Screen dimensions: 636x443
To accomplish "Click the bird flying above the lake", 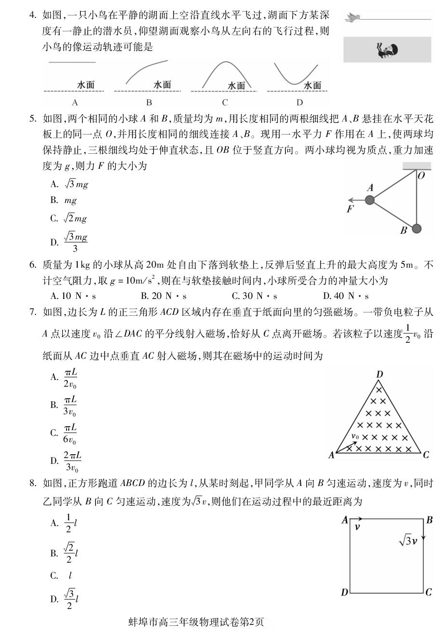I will [353, 18].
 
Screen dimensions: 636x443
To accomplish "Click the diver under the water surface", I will [387, 50].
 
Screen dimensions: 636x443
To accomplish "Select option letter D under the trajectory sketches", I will [299, 102].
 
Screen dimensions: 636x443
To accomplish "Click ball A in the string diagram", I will [370, 200].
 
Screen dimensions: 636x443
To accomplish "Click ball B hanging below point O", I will [417, 228].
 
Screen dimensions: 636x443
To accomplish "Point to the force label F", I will [350, 209].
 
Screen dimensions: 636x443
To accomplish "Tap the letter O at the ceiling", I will [421, 176].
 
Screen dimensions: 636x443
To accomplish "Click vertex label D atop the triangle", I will [379, 375].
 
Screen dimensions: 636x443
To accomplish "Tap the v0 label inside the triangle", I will [355, 436].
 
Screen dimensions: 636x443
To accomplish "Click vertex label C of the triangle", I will [426, 454].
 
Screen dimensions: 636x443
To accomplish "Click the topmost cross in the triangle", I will [379, 389].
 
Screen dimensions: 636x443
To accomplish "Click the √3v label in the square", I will [407, 541].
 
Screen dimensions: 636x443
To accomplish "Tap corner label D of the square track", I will [344, 592].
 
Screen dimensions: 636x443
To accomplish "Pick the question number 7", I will [33, 312].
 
